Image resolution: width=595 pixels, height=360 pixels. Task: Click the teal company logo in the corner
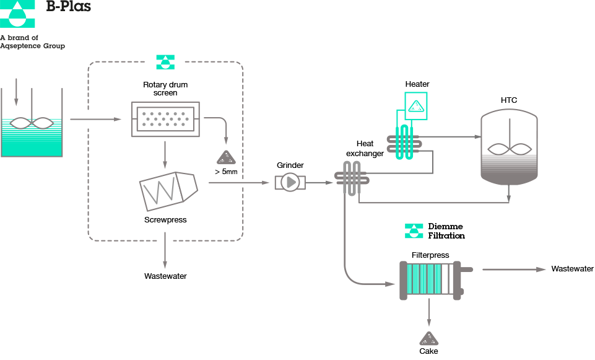pos(17,13)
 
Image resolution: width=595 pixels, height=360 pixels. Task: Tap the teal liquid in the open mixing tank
pos(32,143)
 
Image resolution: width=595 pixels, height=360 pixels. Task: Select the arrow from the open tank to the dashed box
pos(96,119)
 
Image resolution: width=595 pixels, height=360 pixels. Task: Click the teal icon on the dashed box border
pos(165,62)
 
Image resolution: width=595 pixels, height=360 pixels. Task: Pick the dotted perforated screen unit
pos(165,119)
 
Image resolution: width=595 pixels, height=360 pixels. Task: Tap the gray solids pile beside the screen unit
pos(226,157)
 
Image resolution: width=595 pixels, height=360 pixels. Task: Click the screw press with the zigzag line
pos(168,191)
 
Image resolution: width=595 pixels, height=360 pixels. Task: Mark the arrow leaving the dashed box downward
pos(165,251)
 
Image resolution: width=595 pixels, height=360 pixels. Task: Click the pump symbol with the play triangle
pos(290,182)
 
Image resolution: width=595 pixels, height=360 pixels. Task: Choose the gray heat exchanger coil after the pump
pos(352,178)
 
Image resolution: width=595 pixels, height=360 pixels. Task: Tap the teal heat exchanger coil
pos(404,142)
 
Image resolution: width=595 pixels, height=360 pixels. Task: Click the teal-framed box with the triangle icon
pos(416,106)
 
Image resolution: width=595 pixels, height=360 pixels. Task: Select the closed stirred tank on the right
pos(510,147)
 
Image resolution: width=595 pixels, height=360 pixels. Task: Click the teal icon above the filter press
pos(414,231)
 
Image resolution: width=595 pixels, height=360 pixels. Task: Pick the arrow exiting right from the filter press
pos(514,270)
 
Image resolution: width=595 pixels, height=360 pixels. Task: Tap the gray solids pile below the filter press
pos(429,338)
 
